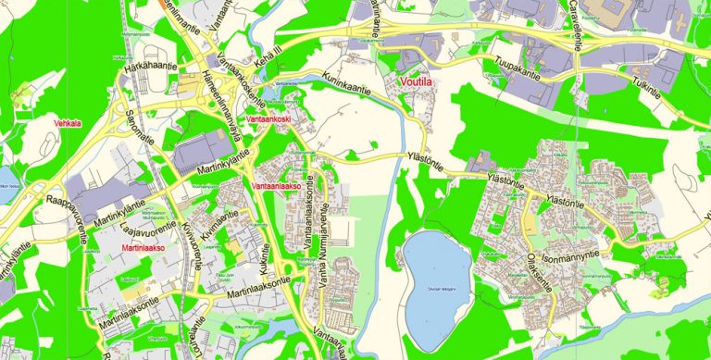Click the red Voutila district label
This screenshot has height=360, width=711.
coord(417,82)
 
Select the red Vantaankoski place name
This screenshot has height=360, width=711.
coord(269,120)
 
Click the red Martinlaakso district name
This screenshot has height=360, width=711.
coord(143,249)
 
